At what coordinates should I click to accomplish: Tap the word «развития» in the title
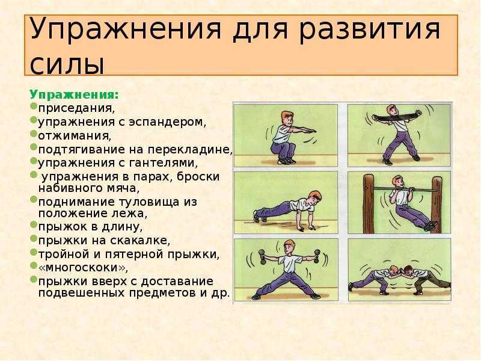(x=370, y=29)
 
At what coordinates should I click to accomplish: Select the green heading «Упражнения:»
(x=74, y=95)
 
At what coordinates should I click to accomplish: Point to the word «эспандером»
(x=168, y=122)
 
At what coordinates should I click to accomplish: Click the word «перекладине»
(x=190, y=149)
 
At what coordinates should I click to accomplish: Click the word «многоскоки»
(x=82, y=267)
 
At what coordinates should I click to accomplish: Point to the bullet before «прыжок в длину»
(x=34, y=224)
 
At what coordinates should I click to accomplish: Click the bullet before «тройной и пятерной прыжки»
(x=34, y=252)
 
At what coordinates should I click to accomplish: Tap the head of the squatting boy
(x=287, y=119)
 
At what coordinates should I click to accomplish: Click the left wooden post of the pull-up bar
(x=369, y=204)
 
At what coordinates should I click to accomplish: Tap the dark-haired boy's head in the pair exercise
(x=408, y=271)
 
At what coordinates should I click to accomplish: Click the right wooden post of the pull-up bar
(x=437, y=204)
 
